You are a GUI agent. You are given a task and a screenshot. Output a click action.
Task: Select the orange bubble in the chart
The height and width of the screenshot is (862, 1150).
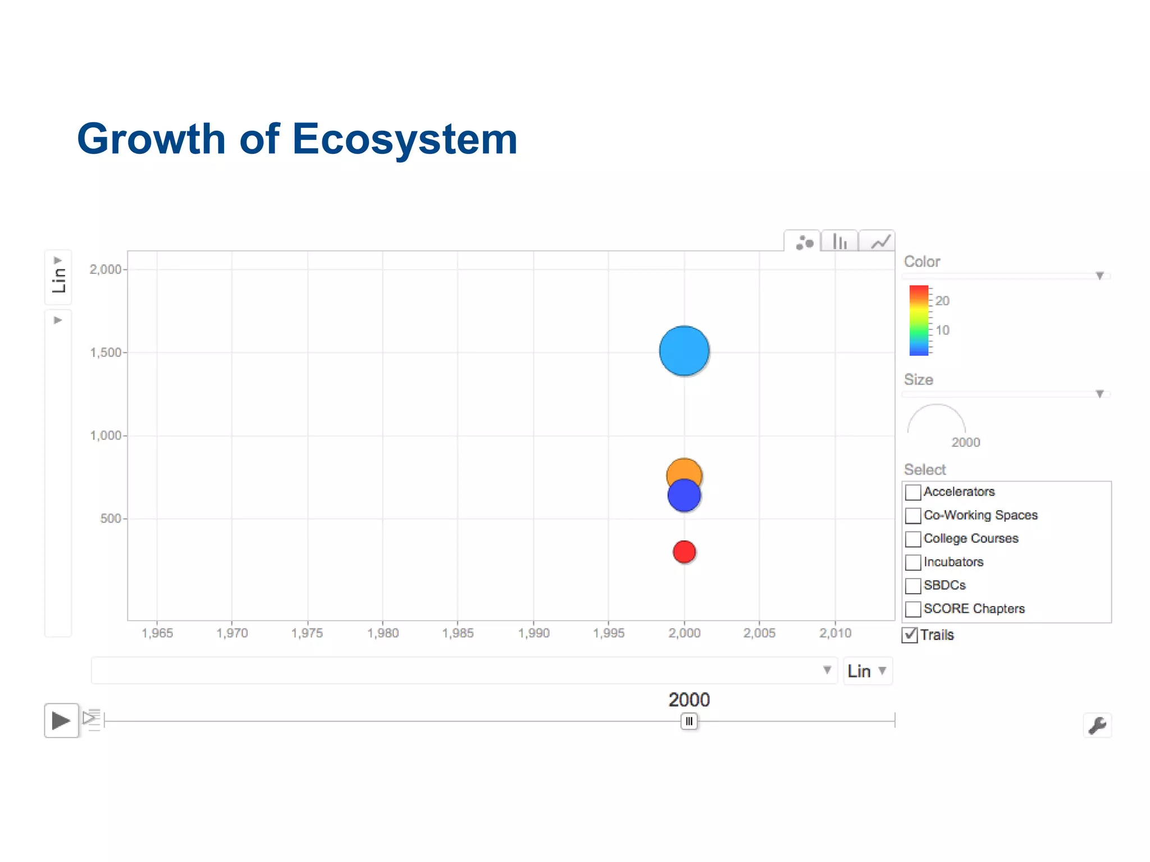[x=684, y=468]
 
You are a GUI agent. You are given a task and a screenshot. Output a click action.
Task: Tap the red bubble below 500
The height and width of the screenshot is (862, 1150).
[x=684, y=552]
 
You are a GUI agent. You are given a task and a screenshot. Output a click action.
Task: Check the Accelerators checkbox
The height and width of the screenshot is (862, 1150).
[x=913, y=492]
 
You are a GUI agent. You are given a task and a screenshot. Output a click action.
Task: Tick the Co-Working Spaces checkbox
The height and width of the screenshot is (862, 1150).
[x=913, y=515]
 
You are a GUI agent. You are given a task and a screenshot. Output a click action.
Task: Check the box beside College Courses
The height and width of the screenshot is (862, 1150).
[x=913, y=539]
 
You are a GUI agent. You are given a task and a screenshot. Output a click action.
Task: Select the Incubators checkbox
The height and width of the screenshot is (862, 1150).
[x=913, y=562]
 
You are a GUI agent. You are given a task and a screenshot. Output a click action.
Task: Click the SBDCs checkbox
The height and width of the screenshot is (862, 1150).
[x=913, y=585]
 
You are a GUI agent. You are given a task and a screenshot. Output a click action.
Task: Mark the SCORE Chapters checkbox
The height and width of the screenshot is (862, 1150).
[x=913, y=609]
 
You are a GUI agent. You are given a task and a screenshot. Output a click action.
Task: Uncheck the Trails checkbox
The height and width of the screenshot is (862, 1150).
[x=910, y=635]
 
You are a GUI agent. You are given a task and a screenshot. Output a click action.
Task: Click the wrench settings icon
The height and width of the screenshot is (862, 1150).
[x=1097, y=725]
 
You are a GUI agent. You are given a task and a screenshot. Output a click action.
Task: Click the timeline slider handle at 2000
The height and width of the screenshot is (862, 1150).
[x=689, y=721]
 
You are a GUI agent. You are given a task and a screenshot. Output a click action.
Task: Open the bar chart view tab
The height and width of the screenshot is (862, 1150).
[x=839, y=242]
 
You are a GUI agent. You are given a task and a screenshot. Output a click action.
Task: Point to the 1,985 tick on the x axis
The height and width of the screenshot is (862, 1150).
[x=458, y=633]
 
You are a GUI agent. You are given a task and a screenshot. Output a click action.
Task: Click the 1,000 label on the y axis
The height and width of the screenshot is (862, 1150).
[x=106, y=435]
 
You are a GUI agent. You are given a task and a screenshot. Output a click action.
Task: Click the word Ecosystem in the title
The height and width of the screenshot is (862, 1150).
[x=404, y=139]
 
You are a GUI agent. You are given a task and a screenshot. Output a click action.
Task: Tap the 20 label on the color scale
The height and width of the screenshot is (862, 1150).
[x=942, y=301]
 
